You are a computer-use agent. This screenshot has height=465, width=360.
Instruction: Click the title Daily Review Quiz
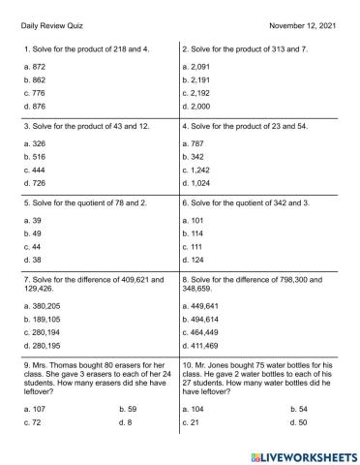50,21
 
